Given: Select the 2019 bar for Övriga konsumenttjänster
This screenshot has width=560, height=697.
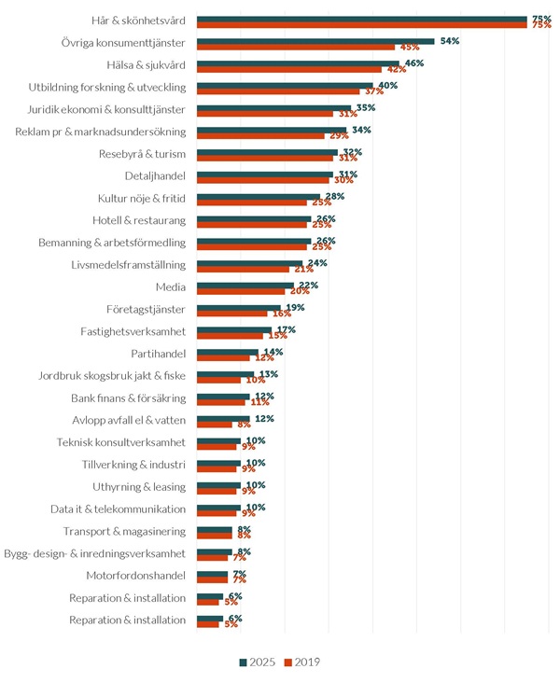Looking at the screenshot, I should click(x=296, y=47).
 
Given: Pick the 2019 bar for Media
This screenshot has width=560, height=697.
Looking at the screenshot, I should click(x=241, y=291).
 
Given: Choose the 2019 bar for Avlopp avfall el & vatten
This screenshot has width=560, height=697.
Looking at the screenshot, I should click(x=215, y=425).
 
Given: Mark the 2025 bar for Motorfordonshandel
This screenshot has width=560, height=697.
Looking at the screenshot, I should click(x=212, y=573).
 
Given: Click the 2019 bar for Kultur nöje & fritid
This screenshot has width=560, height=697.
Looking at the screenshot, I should click(x=252, y=202).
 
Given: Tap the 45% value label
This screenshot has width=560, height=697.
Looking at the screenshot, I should click(x=409, y=48).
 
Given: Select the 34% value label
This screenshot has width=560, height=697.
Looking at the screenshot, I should click(x=361, y=130).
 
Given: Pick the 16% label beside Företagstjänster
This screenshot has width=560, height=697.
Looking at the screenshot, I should click(x=281, y=314).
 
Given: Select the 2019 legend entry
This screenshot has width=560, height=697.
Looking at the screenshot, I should click(x=301, y=662).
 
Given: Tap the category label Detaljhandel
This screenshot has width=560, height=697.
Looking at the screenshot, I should click(x=155, y=175).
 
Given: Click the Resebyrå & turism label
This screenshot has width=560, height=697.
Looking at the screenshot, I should click(x=142, y=154).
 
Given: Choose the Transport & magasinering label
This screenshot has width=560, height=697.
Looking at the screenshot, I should click(x=124, y=532).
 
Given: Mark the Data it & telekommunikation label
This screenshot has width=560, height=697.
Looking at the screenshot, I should click(x=118, y=509).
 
